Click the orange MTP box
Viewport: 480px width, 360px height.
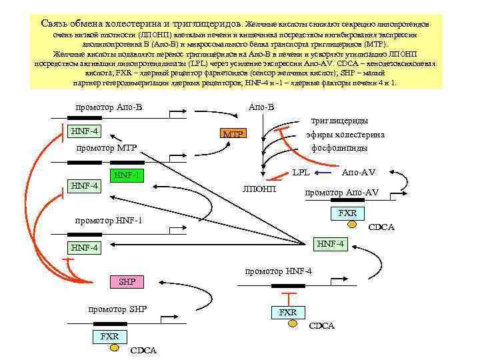click(x=233, y=134)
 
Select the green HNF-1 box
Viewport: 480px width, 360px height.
click(x=127, y=175)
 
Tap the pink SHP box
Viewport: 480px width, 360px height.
click(x=127, y=281)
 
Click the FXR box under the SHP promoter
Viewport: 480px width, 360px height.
click(x=109, y=336)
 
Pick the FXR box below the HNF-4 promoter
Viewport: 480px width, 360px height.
click(x=288, y=312)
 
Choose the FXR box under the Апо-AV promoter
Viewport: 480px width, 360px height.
click(x=347, y=213)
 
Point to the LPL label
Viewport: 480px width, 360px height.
click(x=301, y=173)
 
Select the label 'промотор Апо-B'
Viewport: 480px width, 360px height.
click(x=109, y=107)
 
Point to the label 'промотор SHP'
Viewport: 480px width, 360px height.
click(x=118, y=309)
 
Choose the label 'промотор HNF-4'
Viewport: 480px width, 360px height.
click(x=279, y=271)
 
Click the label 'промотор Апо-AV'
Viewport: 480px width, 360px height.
click(x=341, y=193)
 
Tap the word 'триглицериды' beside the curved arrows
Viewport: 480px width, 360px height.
click(x=339, y=121)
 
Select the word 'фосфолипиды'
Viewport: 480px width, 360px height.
click(x=339, y=147)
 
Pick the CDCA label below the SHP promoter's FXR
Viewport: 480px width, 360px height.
click(x=143, y=350)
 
